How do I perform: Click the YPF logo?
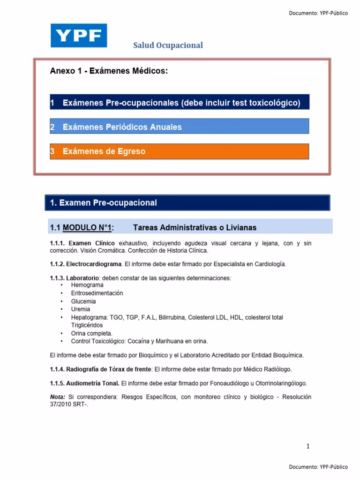click(79, 36)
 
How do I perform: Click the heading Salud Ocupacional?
click(168, 45)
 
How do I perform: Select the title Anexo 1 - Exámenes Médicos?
click(108, 71)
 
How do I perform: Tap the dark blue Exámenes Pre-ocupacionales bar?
click(179, 103)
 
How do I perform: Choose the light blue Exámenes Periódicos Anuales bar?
click(179, 127)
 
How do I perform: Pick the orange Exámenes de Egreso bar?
click(179, 151)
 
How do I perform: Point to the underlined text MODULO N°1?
click(88, 228)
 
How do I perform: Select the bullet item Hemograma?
click(87, 285)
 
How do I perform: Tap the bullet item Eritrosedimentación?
click(97, 293)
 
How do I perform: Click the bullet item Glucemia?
click(83, 301)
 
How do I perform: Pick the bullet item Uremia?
click(81, 309)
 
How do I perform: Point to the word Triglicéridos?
click(87, 325)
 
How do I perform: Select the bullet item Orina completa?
click(92, 333)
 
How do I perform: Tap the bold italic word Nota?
click(57, 397)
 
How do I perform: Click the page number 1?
click(308, 447)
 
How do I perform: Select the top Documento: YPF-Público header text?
click(318, 13)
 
